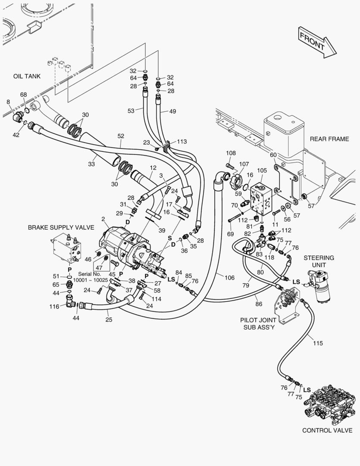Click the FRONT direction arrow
coord(317,42)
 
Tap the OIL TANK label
coord(27,76)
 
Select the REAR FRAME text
coord(329,139)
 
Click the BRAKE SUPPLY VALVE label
coord(61,227)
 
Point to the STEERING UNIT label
coord(319,261)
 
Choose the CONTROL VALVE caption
coord(327,430)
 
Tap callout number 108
coord(231,153)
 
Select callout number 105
coord(262,171)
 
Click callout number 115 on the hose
coord(318,343)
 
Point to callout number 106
coord(229,277)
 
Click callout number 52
coord(121,136)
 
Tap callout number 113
coord(182,141)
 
